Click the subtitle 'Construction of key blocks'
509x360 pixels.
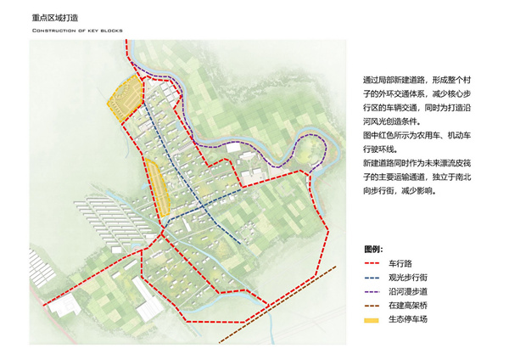tap(77, 31)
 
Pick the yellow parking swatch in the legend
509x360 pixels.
tap(372, 319)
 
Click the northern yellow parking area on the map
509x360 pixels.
tap(123, 96)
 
